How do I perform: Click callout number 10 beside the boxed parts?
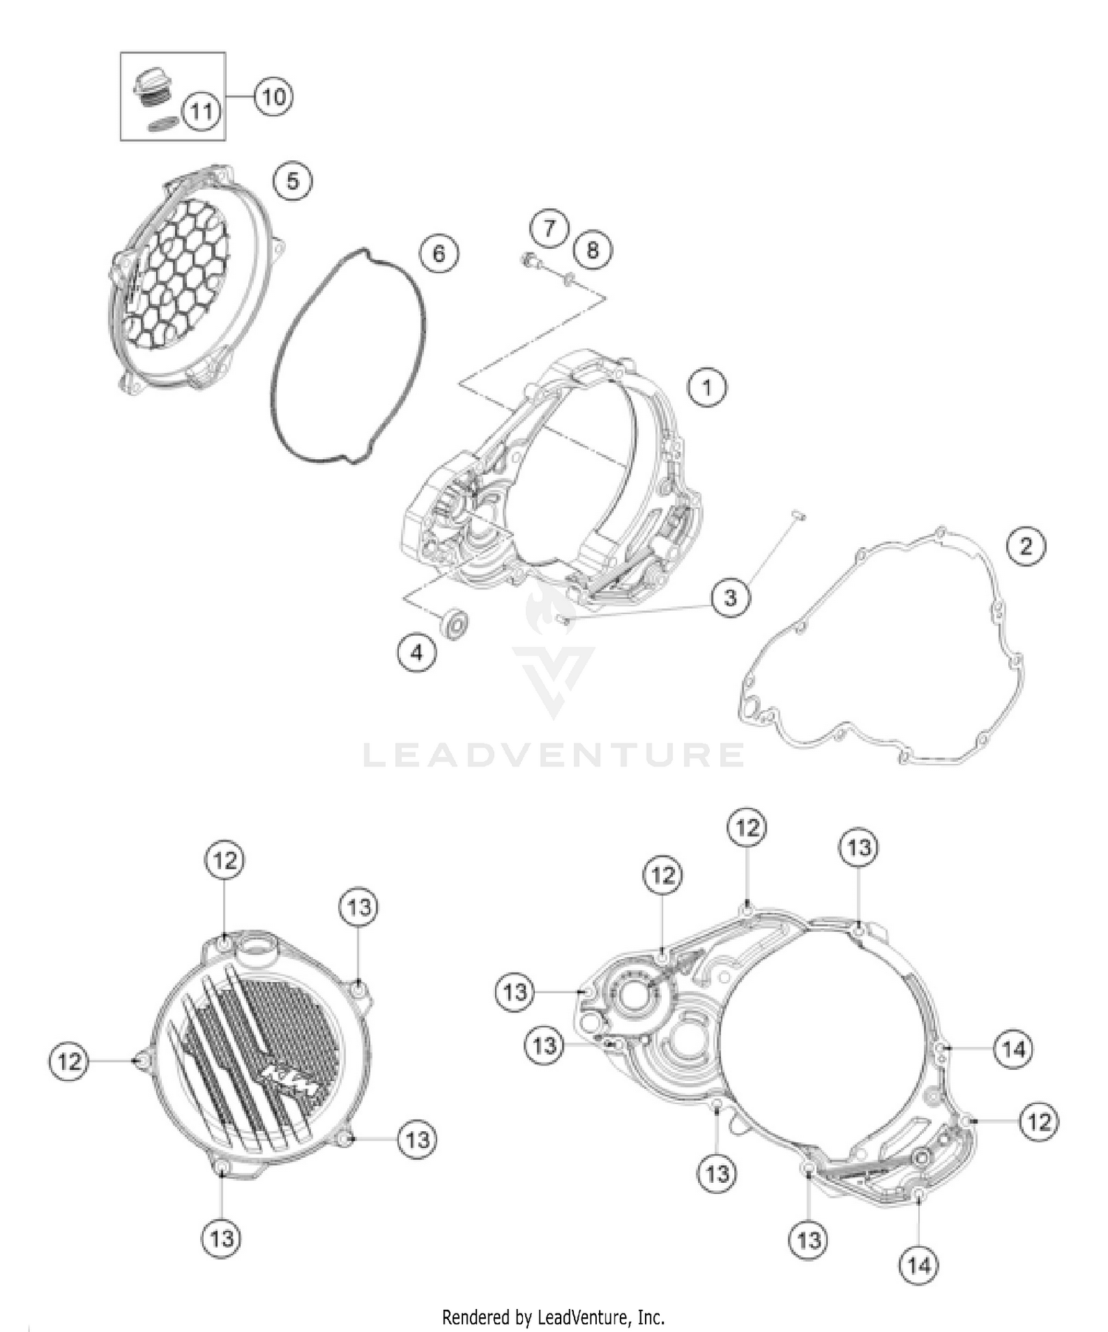(x=273, y=97)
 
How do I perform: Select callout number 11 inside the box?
(x=201, y=112)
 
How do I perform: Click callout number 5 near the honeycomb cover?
(x=293, y=181)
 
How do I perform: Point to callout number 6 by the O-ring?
(x=439, y=254)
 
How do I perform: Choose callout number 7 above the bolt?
(x=549, y=228)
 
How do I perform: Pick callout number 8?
(x=592, y=250)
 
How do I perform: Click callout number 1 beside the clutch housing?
(x=707, y=387)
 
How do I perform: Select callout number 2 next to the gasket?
(x=1026, y=546)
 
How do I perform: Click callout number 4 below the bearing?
(x=417, y=652)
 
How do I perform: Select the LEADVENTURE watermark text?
(x=554, y=755)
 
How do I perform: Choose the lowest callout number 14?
(x=918, y=1266)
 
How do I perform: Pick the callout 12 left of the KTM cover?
(x=69, y=1062)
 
